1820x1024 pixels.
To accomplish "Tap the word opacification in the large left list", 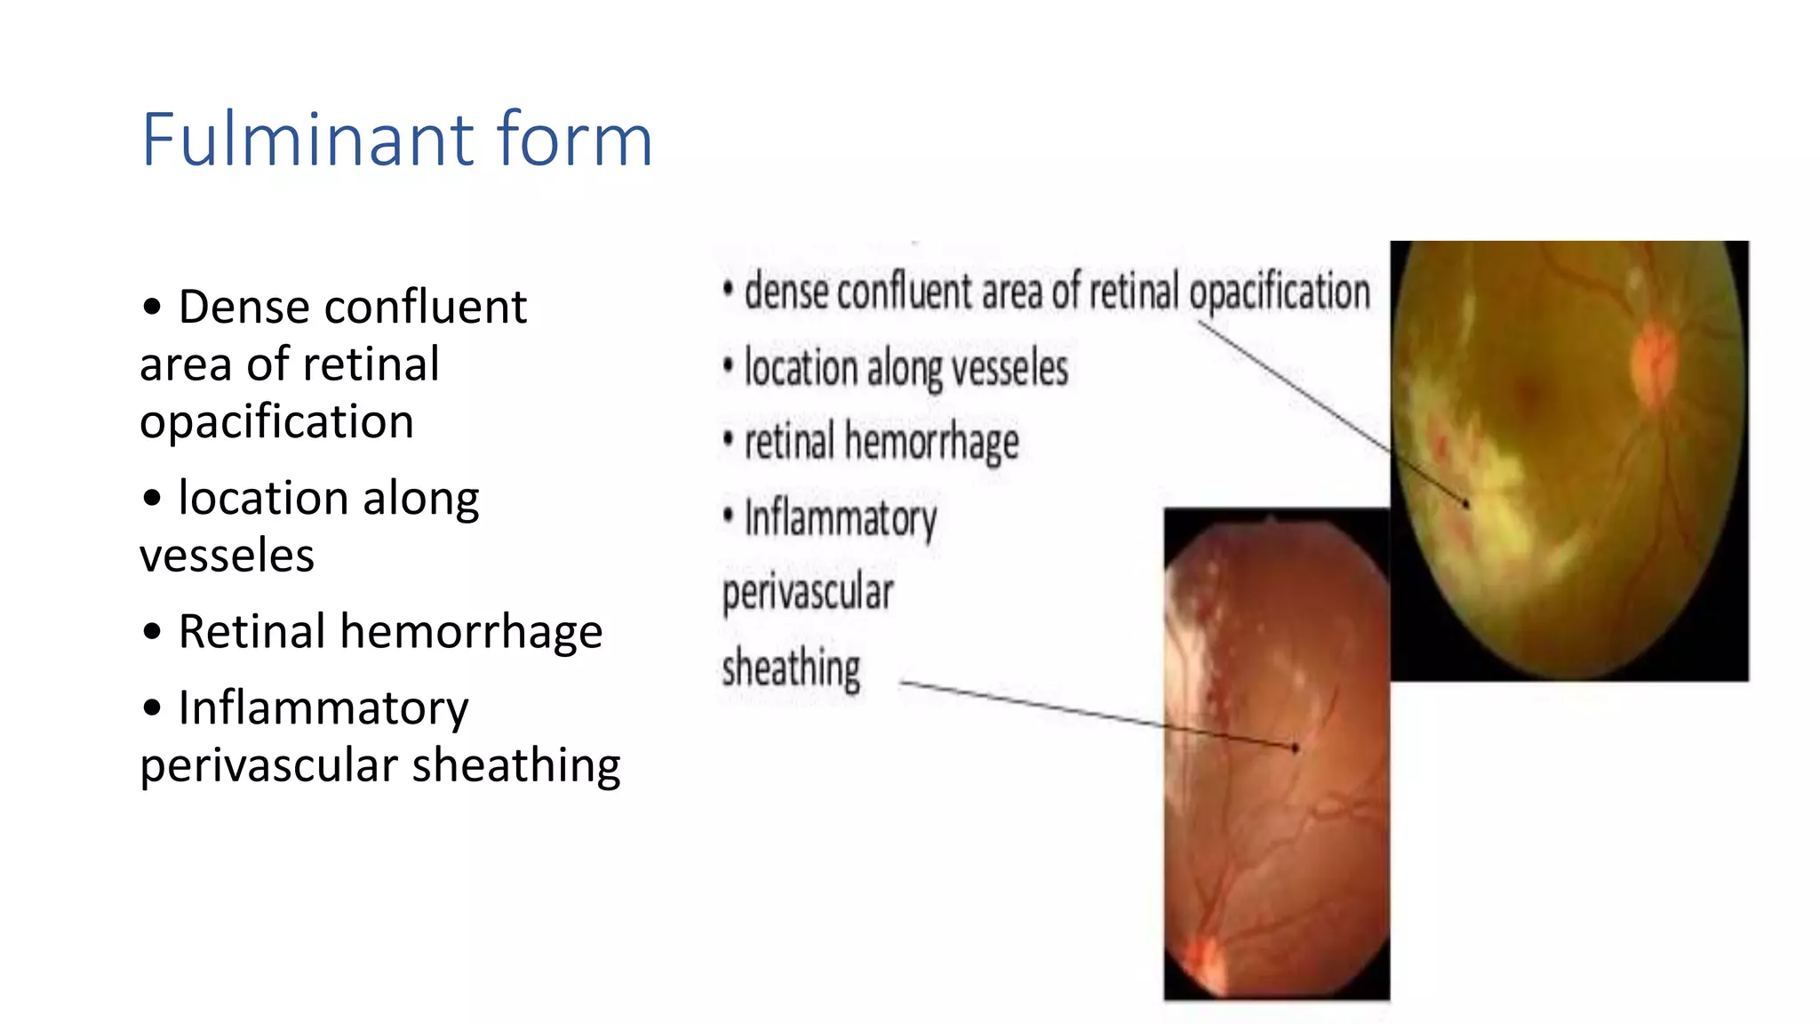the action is coord(277,422).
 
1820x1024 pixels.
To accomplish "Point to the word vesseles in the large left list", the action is coord(227,556).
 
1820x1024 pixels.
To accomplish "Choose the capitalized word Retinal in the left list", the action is coord(251,631).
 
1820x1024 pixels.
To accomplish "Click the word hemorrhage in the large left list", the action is coord(471,633).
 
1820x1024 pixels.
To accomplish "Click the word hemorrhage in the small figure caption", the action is coord(931,443).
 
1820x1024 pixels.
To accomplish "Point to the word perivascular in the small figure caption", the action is coord(808,593).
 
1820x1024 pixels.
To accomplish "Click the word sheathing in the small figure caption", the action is coord(791,668).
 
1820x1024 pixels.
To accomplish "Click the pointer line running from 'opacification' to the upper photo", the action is coord(1333,414).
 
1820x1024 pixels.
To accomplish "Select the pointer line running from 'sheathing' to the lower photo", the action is coord(1099,716).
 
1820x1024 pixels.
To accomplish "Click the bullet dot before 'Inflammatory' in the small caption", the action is coord(729,515).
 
